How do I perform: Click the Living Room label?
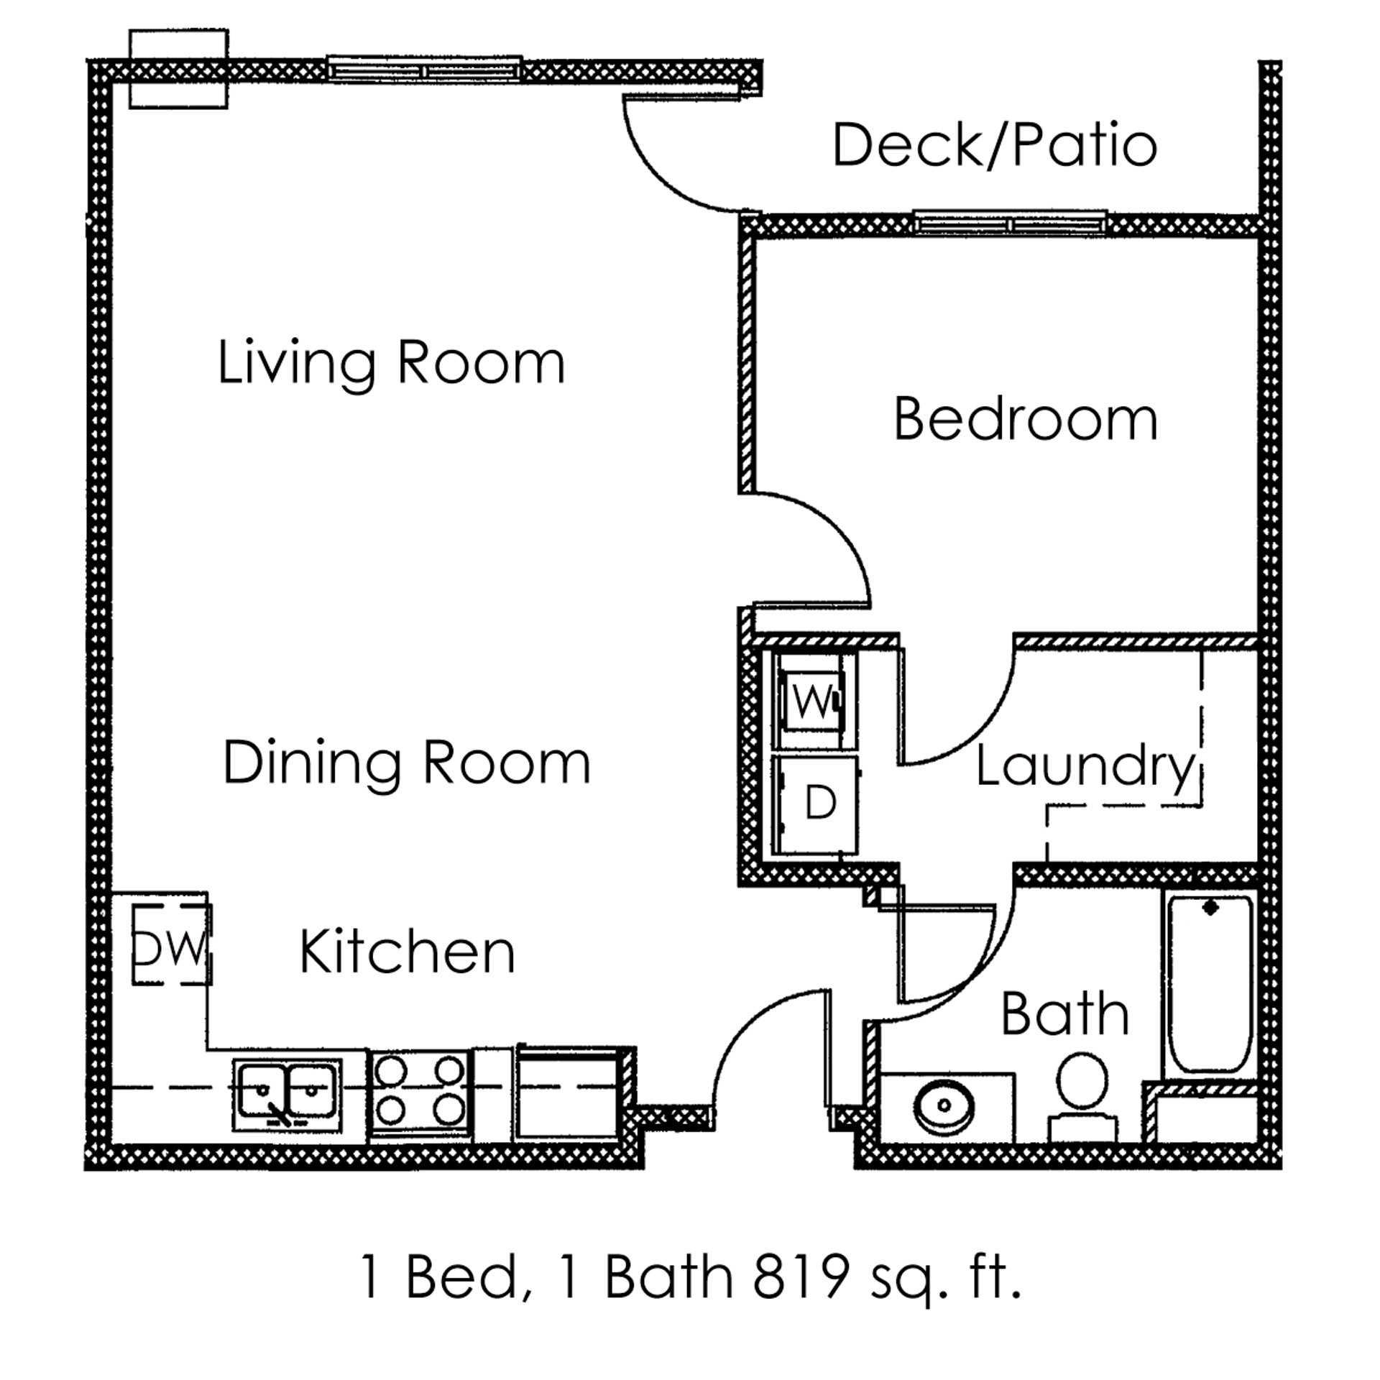pyautogui.click(x=391, y=364)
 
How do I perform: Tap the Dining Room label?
pyautogui.click(x=407, y=763)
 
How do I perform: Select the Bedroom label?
pyautogui.click(x=1026, y=420)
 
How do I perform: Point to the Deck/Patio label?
pyautogui.click(x=995, y=147)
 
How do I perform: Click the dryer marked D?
pyautogui.click(x=815, y=804)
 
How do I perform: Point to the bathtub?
pyautogui.click(x=1210, y=985)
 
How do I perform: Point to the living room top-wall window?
pyautogui.click(x=424, y=69)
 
